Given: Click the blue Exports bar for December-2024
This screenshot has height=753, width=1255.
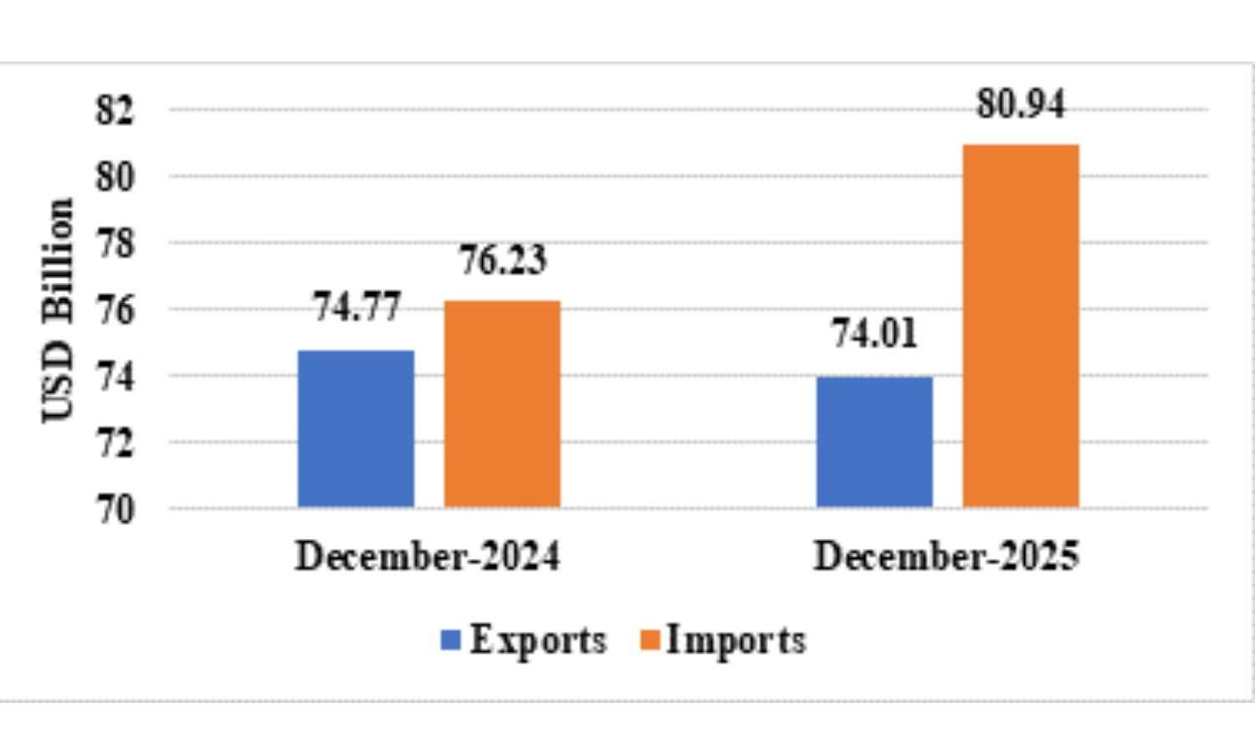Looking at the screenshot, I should click(x=356, y=428).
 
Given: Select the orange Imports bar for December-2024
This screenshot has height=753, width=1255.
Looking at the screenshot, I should click(x=502, y=403).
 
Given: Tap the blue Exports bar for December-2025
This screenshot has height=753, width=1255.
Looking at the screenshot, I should click(x=874, y=442).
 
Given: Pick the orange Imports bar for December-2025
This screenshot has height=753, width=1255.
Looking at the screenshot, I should click(x=1021, y=325).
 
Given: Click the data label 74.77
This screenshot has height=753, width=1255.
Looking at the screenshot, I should click(x=357, y=307).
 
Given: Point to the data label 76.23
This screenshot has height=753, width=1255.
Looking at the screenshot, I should click(x=503, y=260).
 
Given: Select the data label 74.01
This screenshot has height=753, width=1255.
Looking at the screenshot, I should click(x=874, y=334).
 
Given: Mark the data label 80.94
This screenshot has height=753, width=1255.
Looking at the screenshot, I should click(x=1021, y=105).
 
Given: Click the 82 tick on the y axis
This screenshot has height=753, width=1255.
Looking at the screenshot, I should click(x=115, y=110).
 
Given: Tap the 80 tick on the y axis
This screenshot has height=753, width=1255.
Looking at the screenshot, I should click(x=115, y=177).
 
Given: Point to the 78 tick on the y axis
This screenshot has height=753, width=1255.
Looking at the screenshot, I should click(x=115, y=243).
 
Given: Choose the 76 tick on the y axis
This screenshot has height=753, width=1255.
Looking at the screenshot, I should click(x=115, y=310).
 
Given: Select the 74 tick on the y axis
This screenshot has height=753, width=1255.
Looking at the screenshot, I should click(x=115, y=376).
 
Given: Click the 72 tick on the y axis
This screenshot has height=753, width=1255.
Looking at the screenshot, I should click(x=115, y=443).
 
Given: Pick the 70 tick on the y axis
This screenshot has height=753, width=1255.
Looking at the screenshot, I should click(x=115, y=510).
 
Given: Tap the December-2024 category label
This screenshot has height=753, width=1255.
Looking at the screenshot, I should click(x=428, y=556).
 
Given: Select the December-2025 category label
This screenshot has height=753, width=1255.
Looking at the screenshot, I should click(x=946, y=556).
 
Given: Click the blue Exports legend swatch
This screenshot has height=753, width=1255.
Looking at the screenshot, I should click(x=451, y=641).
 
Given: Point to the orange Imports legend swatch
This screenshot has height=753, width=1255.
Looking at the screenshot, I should click(x=650, y=641).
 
